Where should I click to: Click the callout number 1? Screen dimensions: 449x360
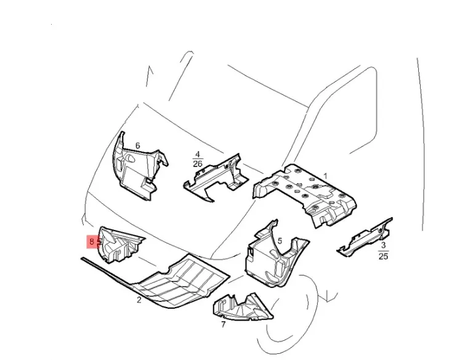click(x=325, y=176)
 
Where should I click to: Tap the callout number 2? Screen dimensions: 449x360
click(x=139, y=300)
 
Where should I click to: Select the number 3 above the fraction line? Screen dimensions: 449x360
click(x=384, y=245)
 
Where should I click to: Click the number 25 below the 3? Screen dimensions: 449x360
click(x=384, y=256)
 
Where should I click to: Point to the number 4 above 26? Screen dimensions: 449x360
click(x=197, y=155)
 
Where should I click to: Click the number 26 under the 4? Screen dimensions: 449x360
click(x=198, y=164)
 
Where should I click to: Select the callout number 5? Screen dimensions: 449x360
click(x=280, y=241)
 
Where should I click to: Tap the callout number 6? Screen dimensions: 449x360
click(x=137, y=145)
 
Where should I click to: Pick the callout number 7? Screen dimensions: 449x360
click(x=223, y=324)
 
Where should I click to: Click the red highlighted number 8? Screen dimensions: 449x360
click(x=92, y=242)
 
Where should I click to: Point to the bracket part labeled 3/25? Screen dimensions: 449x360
click(x=363, y=237)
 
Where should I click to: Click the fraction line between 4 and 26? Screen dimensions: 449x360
click(x=198, y=160)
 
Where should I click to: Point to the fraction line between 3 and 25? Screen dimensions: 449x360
click(x=384, y=250)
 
